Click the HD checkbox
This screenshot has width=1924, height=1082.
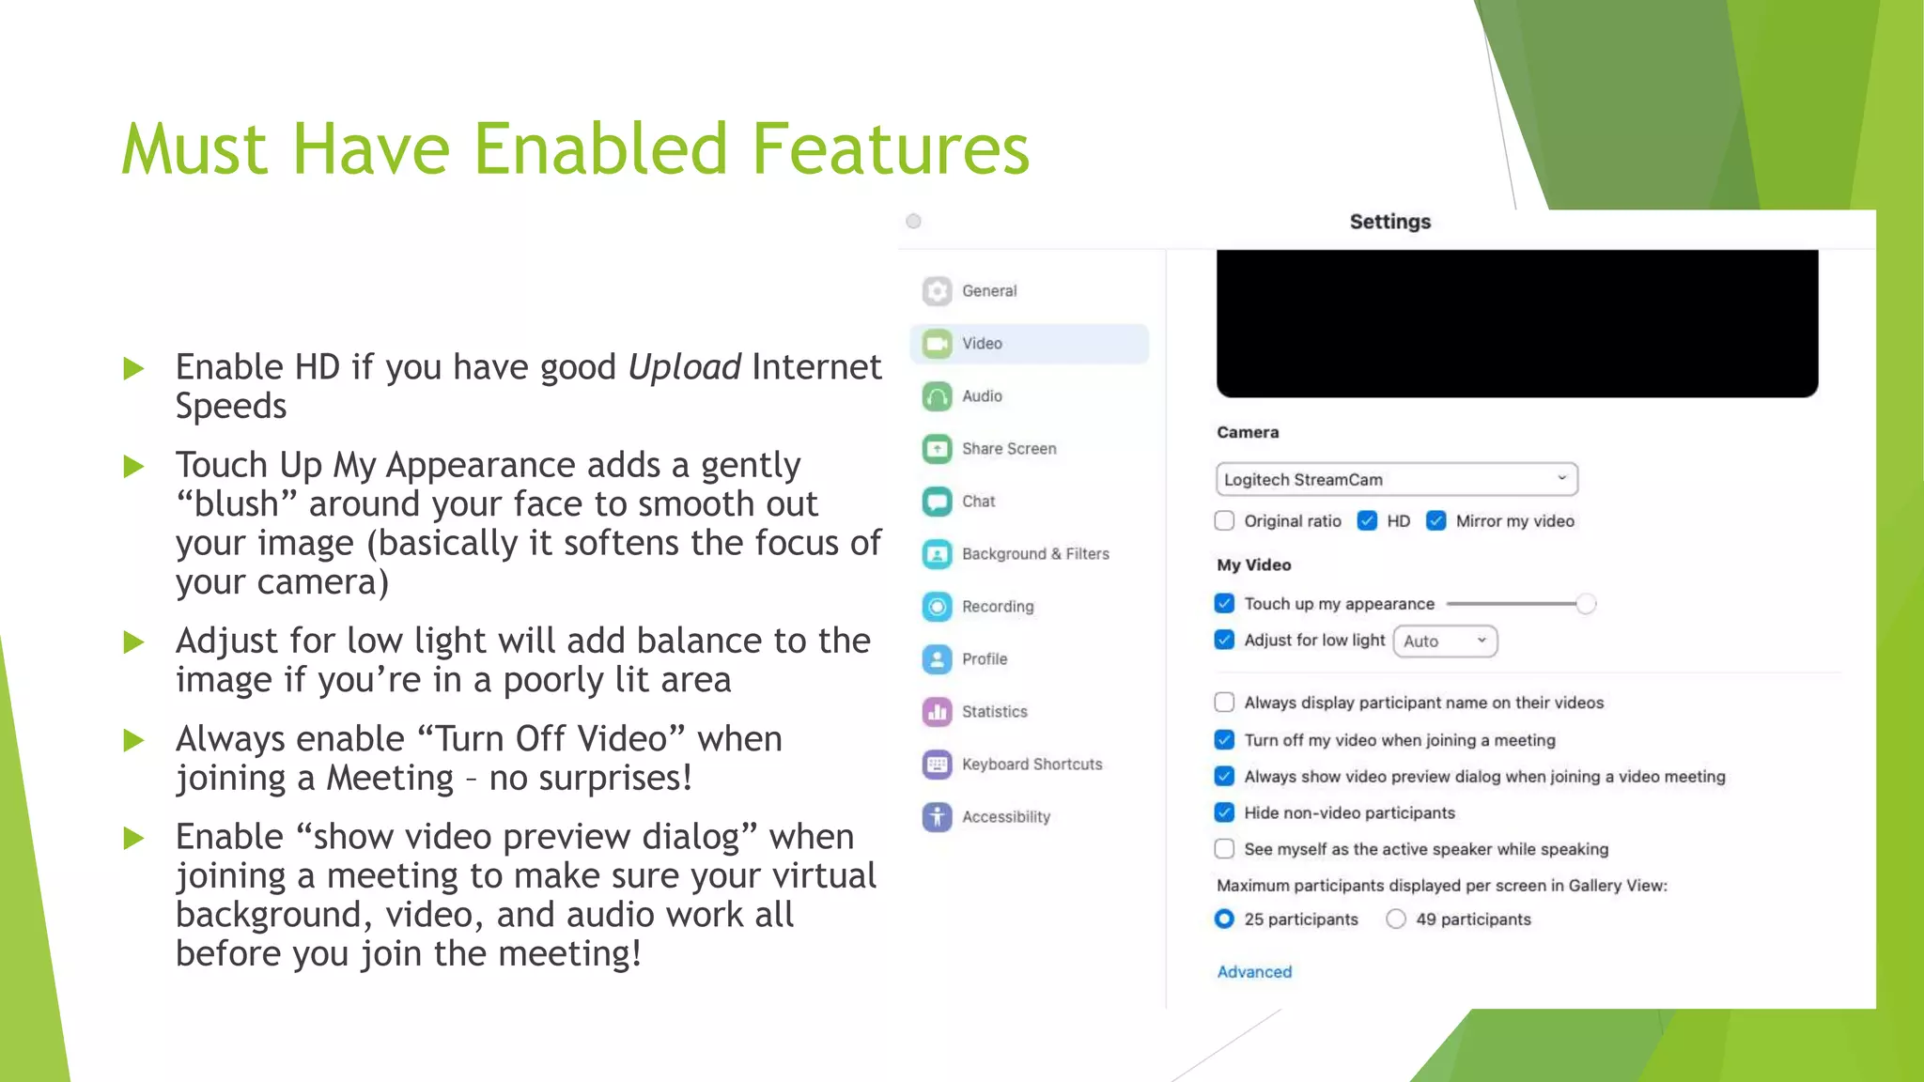click(x=1367, y=521)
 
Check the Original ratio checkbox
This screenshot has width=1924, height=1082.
click(x=1224, y=521)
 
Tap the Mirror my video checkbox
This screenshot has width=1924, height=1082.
click(x=1435, y=521)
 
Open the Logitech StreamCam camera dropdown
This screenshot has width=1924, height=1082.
click(x=1396, y=479)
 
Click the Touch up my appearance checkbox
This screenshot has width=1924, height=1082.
click(x=1224, y=604)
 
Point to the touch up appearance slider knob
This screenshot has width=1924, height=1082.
click(x=1586, y=604)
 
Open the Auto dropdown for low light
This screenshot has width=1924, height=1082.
click(x=1445, y=641)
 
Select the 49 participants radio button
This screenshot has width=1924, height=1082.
click(x=1396, y=920)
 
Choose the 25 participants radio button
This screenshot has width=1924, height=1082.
click(x=1224, y=920)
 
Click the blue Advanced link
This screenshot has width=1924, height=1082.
click(x=1254, y=972)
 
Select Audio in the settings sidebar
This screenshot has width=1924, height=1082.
click(x=982, y=396)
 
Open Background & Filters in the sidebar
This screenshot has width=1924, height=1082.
click(x=1034, y=554)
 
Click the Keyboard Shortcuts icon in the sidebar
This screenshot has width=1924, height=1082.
click(x=937, y=765)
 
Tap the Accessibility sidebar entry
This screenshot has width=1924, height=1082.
click(x=1005, y=817)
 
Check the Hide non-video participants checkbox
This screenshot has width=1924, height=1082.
click(x=1224, y=812)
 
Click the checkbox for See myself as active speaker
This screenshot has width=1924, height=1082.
click(x=1224, y=849)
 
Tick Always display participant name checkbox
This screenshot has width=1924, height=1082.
click(x=1224, y=703)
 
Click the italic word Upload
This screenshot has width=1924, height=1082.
click(x=684, y=367)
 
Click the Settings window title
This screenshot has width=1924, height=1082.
click(x=1389, y=222)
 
